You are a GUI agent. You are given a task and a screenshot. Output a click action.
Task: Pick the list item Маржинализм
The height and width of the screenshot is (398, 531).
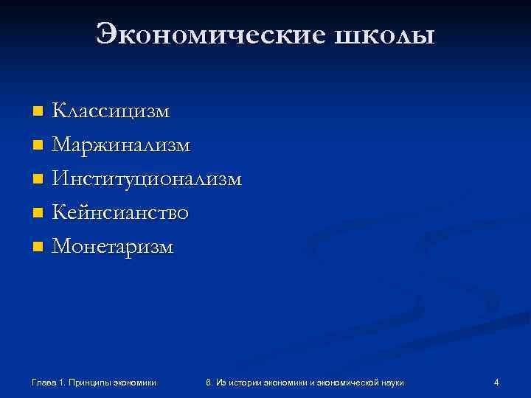pos(121,145)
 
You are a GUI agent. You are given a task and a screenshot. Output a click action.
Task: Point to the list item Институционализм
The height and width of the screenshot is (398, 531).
pos(146,179)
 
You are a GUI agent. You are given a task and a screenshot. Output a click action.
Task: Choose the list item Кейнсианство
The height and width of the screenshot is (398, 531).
pos(120,213)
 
